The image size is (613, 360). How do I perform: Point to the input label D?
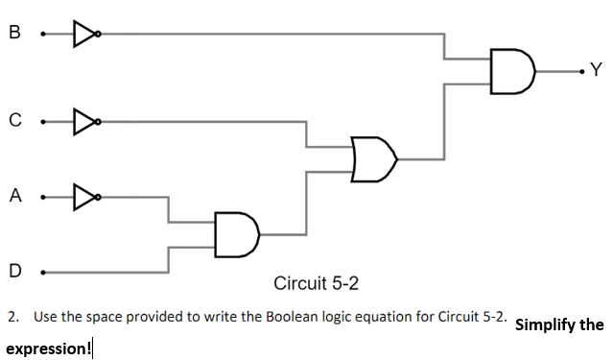click(13, 271)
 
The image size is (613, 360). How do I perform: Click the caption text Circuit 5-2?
click(316, 283)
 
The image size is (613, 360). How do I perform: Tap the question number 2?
click(12, 316)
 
